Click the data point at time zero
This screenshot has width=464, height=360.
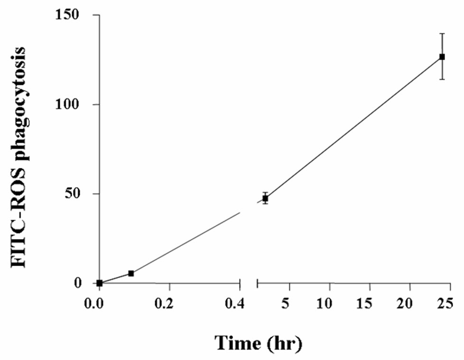[100, 283]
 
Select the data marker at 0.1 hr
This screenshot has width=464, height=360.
[131, 273]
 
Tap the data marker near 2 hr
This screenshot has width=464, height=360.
[265, 198]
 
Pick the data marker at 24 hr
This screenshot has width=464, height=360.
[442, 56]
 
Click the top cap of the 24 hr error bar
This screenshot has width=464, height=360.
[442, 34]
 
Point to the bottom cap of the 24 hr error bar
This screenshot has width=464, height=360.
[442, 79]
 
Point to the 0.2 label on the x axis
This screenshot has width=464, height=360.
[169, 303]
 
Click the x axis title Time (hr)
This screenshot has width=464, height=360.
[259, 342]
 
